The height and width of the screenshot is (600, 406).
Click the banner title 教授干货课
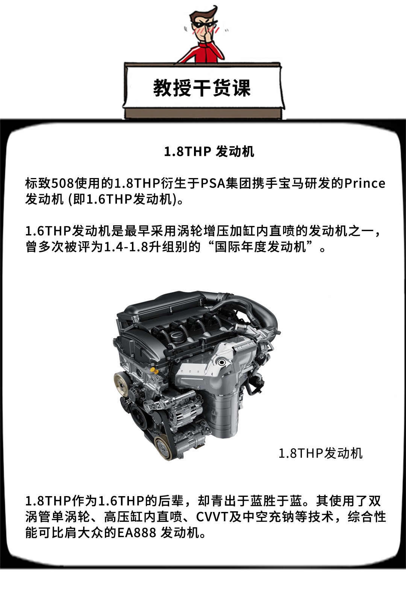202,88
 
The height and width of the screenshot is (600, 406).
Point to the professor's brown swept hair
204,14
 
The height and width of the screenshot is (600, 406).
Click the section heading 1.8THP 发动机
209,152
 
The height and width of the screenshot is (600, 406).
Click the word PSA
213,184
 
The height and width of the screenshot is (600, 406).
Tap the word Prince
365,184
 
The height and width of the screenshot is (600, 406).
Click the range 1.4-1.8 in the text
126,247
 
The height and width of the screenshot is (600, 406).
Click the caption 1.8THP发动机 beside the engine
320,454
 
